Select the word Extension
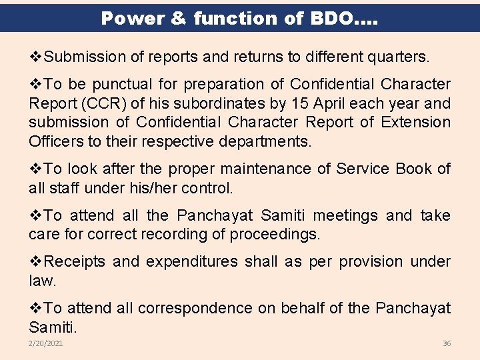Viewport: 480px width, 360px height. (417, 123)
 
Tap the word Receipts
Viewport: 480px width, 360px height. (73, 262)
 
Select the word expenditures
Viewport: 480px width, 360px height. (191, 262)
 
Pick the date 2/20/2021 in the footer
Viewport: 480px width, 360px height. (46, 343)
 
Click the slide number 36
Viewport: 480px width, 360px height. (447, 343)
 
